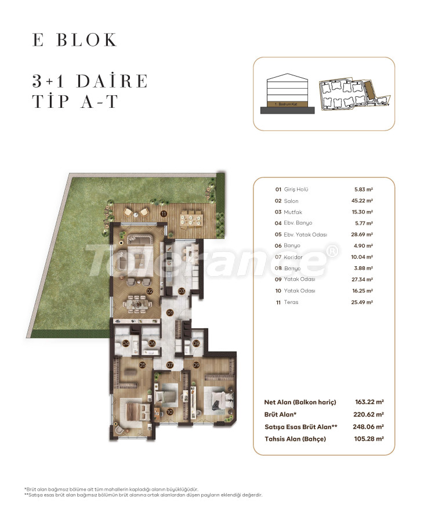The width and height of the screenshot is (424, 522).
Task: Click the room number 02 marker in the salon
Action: pyautogui.click(x=150, y=291)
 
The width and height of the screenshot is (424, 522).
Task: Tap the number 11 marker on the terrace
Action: pyautogui.click(x=164, y=214)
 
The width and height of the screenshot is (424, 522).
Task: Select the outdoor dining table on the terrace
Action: pyautogui.click(x=190, y=218)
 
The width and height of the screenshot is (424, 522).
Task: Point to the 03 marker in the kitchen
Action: pyautogui.click(x=182, y=291)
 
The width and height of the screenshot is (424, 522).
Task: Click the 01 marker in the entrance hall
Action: pyautogui.click(x=170, y=313)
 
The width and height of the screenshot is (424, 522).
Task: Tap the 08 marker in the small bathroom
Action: pyautogui.click(x=196, y=343)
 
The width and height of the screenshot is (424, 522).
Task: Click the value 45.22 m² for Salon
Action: pyautogui.click(x=363, y=201)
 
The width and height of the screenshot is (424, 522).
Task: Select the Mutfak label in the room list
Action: pyautogui.click(x=293, y=212)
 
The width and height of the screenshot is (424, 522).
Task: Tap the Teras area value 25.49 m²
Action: pyautogui.click(x=363, y=302)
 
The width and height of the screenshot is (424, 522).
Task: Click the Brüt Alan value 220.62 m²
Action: pyautogui.click(x=368, y=415)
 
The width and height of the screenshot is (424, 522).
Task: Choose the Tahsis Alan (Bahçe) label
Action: pyautogui.click(x=295, y=439)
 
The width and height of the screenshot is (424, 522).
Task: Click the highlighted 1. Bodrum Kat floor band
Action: pyautogui.click(x=288, y=103)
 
